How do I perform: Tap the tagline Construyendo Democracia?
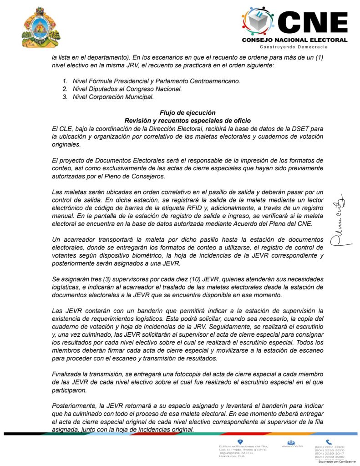pyautogui.click(x=294, y=47)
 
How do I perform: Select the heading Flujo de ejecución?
pyautogui.click(x=188, y=112)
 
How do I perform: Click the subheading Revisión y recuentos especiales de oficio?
pyautogui.click(x=188, y=120)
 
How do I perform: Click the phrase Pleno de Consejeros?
pyautogui.click(x=138, y=176)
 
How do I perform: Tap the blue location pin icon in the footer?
pyautogui.click(x=240, y=441)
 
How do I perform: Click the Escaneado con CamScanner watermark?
pyautogui.click(x=337, y=461)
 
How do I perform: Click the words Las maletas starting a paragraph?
pyautogui.click(x=68, y=193)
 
